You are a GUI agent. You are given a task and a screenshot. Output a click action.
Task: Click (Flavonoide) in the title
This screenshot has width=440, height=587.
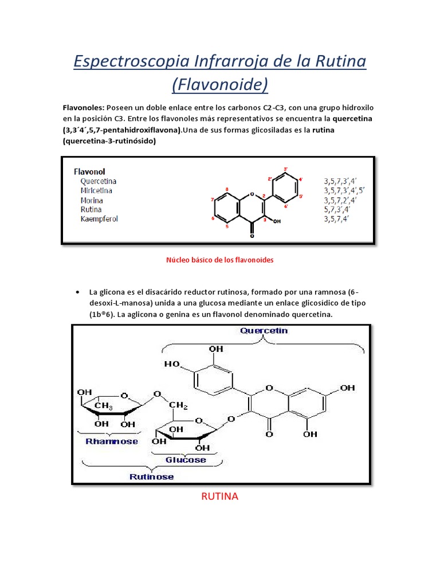click(x=220, y=84)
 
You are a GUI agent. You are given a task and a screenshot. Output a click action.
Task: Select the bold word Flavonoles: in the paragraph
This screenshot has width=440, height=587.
click(x=85, y=107)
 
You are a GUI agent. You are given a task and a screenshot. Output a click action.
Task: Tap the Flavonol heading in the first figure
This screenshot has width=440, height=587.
click(x=89, y=171)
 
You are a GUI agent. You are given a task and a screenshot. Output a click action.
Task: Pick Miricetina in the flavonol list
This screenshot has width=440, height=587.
click(x=96, y=190)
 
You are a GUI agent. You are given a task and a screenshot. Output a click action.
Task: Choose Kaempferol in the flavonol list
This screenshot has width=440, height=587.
click(x=99, y=218)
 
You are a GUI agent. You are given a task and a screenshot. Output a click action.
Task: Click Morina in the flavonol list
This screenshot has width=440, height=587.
click(x=92, y=200)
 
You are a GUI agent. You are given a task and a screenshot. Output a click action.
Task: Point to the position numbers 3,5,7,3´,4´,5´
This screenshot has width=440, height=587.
click(x=344, y=190)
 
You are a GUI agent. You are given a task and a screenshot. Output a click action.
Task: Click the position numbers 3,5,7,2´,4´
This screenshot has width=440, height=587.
click(x=341, y=200)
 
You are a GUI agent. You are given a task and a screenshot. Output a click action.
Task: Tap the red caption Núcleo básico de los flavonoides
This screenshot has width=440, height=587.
click(x=220, y=260)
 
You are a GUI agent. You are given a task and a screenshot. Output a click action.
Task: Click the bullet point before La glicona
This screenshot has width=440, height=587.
click(x=77, y=292)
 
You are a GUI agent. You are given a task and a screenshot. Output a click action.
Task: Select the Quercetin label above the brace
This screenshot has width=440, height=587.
click(x=264, y=331)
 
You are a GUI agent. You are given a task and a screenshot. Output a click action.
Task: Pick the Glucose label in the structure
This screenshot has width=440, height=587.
click(x=186, y=459)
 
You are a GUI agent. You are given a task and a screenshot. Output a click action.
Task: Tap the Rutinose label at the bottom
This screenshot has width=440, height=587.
click(x=151, y=476)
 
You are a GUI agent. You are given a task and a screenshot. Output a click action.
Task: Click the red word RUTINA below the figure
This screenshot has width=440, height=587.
click(x=219, y=496)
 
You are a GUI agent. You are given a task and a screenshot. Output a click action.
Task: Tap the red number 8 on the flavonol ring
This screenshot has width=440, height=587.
click(x=227, y=189)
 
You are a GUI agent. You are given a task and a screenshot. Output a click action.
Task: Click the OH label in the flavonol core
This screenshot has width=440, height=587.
click(x=277, y=221)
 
